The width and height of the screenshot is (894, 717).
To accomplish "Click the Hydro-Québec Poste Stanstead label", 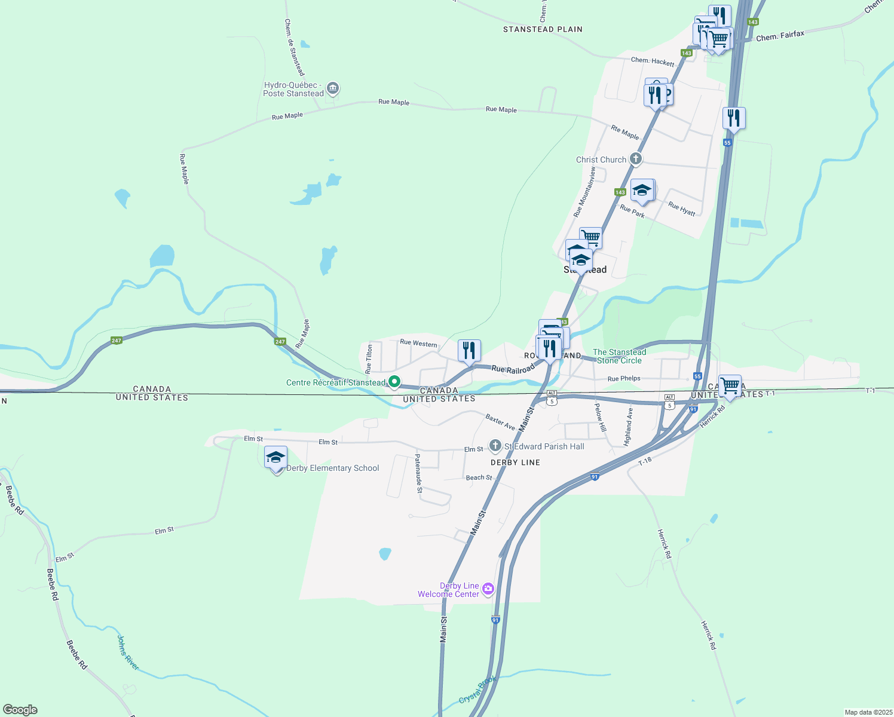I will (x=293, y=90).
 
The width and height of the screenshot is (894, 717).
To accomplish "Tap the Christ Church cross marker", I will (x=636, y=159).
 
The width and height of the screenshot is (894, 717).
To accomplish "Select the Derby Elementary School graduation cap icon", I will (x=275, y=458).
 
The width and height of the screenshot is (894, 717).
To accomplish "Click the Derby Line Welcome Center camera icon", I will (x=488, y=589).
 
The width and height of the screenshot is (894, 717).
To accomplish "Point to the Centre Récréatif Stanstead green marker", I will (x=394, y=381).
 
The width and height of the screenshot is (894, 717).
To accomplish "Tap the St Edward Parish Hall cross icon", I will (x=495, y=446).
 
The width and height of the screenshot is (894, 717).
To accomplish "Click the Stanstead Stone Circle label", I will (x=619, y=356).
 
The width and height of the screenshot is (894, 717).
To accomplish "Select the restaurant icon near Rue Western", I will (x=469, y=350).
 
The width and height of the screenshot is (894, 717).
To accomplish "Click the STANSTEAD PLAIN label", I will (x=543, y=29).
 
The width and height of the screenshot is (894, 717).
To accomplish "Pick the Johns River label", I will (x=127, y=652).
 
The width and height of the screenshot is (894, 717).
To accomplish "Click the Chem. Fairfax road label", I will (x=780, y=36).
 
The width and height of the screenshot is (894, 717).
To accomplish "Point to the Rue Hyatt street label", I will (x=682, y=209).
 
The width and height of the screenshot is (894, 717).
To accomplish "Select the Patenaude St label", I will (x=418, y=473).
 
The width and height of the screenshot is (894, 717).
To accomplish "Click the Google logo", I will (x=20, y=710).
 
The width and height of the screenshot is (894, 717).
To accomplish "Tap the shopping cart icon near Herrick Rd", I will (x=730, y=385).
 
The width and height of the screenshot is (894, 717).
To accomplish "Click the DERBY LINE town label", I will (x=515, y=462).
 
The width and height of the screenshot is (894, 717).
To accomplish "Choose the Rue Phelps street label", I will (x=623, y=378).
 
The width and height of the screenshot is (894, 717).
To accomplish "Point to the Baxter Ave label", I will (x=500, y=422).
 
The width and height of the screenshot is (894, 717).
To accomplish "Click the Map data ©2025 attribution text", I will (x=868, y=712).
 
